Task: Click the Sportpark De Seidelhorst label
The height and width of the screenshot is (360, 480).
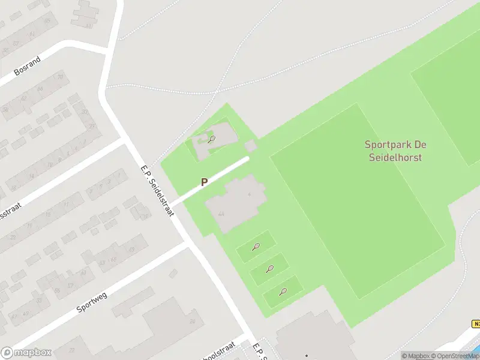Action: point(394,151)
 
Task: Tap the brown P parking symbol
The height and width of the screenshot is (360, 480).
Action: point(204,182)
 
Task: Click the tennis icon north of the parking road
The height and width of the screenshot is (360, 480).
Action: point(211,140)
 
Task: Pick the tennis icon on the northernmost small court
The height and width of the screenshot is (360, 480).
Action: point(256,246)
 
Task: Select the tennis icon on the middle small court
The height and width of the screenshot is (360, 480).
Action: point(269,269)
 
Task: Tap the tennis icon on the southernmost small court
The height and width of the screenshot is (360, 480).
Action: point(283,292)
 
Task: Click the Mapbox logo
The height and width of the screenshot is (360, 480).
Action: point(26,353)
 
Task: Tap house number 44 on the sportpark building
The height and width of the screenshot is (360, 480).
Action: point(221,214)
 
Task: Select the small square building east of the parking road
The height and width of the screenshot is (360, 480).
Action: point(251,146)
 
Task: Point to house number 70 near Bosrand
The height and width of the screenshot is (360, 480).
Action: point(59,77)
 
